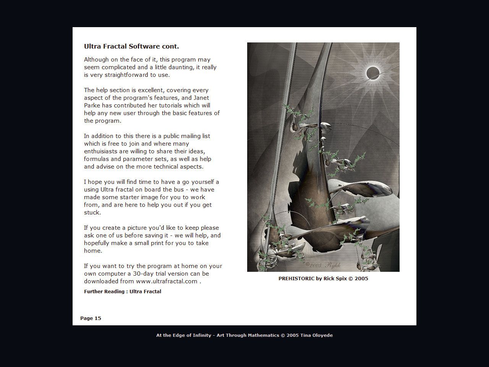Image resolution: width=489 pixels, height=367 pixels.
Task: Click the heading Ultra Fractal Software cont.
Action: pyautogui.click(x=131, y=47)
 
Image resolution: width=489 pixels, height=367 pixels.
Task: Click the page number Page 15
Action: pyautogui.click(x=91, y=318)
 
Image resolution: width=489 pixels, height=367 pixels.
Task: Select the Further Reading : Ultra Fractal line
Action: pyautogui.click(x=122, y=291)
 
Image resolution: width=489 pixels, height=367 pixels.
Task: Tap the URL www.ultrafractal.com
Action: pyautogui.click(x=167, y=281)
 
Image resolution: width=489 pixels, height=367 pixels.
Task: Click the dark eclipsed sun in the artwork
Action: pyautogui.click(x=373, y=72)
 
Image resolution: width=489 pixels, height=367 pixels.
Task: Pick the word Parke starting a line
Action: pyautogui.click(x=92, y=106)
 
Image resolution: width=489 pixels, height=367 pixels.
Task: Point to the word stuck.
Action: pyautogui.click(x=92, y=213)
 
